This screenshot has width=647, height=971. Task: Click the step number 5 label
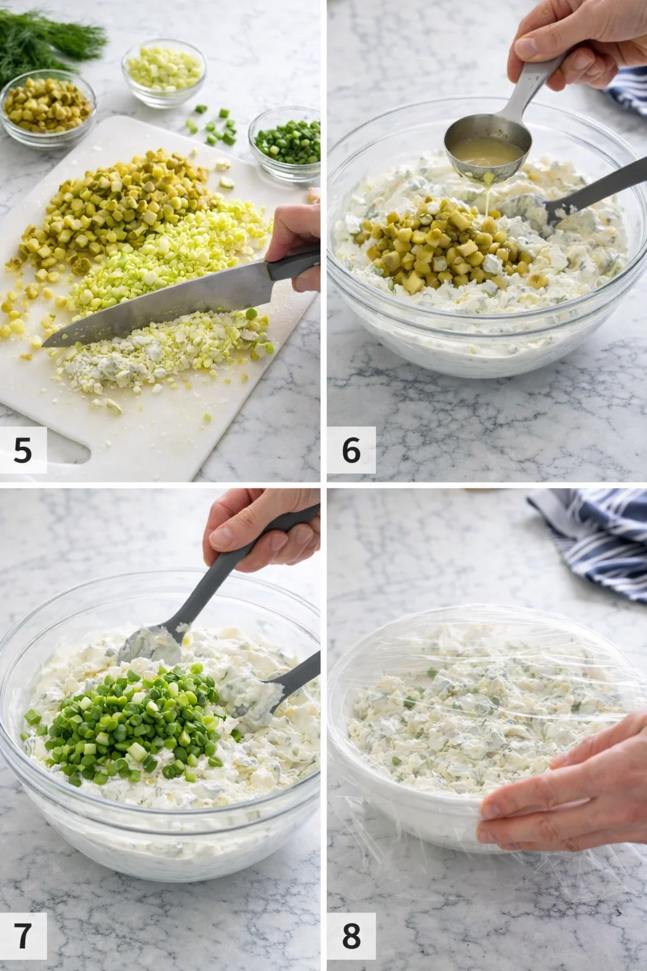pyautogui.click(x=23, y=450)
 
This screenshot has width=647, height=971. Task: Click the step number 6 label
pyautogui.click(x=351, y=450)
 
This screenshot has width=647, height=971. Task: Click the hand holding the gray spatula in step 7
pyautogui.click(x=265, y=525)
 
